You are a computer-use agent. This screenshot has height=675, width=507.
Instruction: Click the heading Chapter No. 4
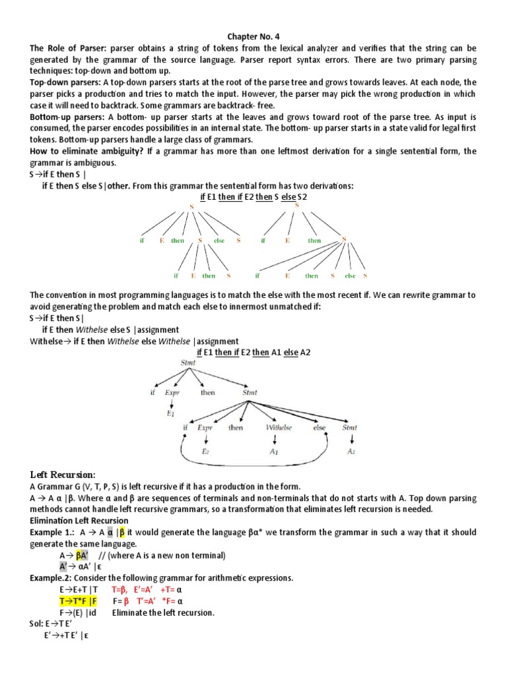253,38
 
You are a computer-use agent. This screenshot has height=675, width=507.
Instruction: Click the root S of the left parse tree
191,208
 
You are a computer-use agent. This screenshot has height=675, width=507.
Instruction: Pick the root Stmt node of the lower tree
187,363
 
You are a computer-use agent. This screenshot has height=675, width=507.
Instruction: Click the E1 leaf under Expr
170,413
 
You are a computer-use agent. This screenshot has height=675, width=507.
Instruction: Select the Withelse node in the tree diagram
279,428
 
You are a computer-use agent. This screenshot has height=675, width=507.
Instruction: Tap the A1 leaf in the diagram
275,452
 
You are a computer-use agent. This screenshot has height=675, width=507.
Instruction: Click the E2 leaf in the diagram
205,452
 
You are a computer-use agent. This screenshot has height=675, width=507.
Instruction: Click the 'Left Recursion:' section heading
63,475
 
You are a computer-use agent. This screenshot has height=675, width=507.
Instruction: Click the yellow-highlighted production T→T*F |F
78,601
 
